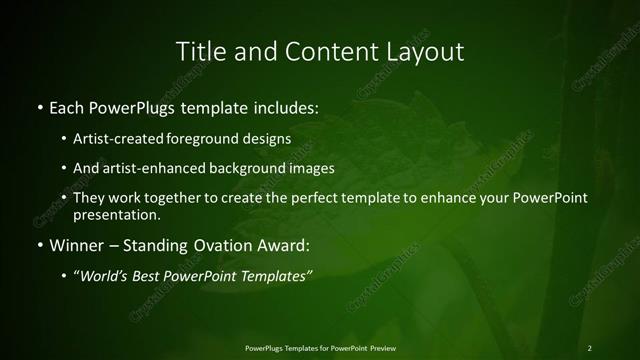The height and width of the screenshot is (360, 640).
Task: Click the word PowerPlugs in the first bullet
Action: click(137, 106)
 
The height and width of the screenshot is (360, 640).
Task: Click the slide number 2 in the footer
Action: click(590, 348)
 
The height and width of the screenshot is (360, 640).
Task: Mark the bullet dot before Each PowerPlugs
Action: click(39, 106)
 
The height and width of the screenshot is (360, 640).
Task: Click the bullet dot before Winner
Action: click(39, 245)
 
